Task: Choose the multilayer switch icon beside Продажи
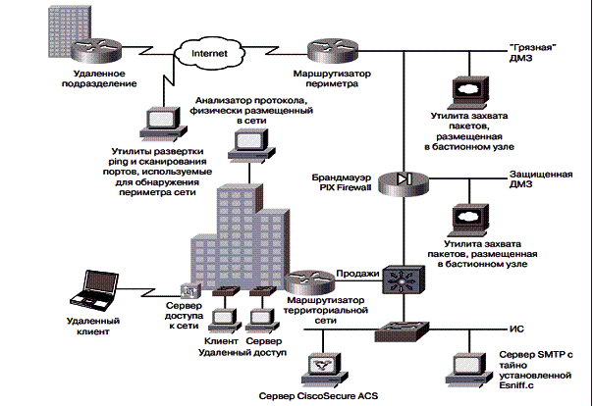(402, 282)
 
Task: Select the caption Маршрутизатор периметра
(332, 77)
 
